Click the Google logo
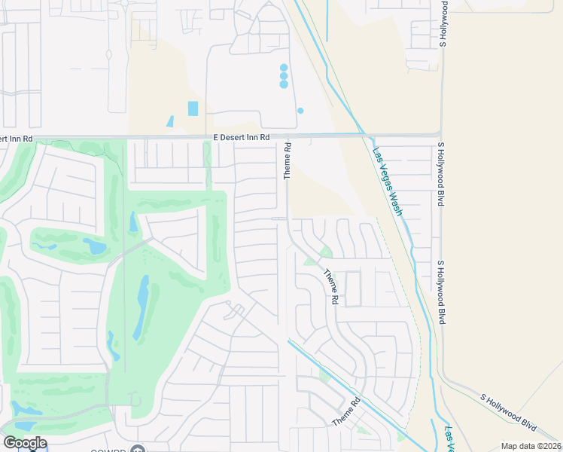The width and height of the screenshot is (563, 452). coord(25,443)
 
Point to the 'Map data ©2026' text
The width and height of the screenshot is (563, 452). coord(531,446)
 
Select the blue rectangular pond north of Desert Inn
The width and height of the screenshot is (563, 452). coord(193,108)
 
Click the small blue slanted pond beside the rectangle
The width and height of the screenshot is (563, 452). coord(170,121)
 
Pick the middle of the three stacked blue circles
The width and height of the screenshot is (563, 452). coord(284,76)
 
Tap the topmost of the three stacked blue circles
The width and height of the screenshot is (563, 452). coord(284,68)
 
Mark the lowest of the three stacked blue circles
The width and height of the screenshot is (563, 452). coord(284,84)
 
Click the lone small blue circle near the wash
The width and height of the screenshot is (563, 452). coord(300,111)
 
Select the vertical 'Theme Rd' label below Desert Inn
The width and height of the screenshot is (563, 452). coord(287,160)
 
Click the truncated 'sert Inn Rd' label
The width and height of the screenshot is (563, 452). coord(17,139)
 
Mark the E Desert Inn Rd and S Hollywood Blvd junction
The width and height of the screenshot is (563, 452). coord(441,136)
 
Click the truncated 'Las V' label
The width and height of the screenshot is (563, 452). coord(449,439)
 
